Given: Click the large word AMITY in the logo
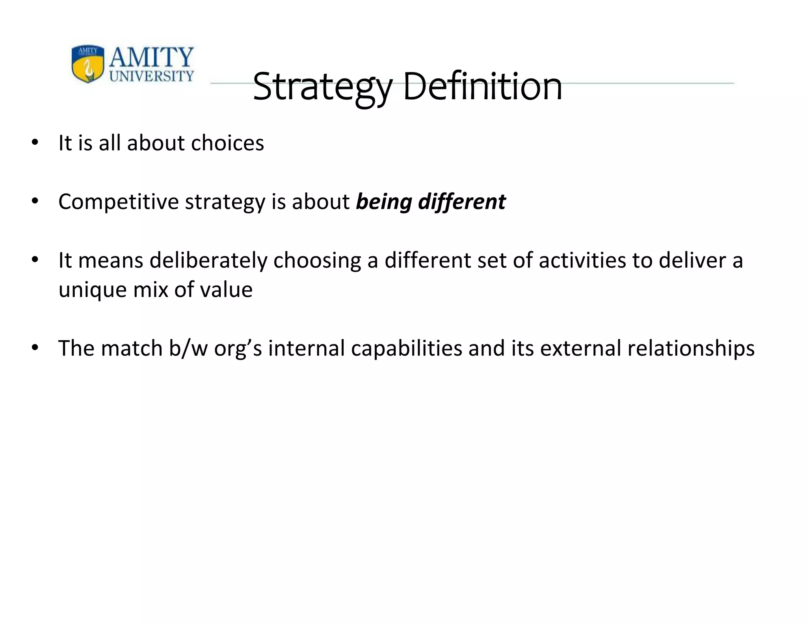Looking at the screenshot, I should point(151,57).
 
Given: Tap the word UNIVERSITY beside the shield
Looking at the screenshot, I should point(151,76).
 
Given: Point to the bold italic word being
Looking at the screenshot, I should point(384,202).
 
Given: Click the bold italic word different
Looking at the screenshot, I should point(461,202).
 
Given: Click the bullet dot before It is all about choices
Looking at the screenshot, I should point(35,143).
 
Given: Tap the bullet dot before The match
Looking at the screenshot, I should point(35,349).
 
